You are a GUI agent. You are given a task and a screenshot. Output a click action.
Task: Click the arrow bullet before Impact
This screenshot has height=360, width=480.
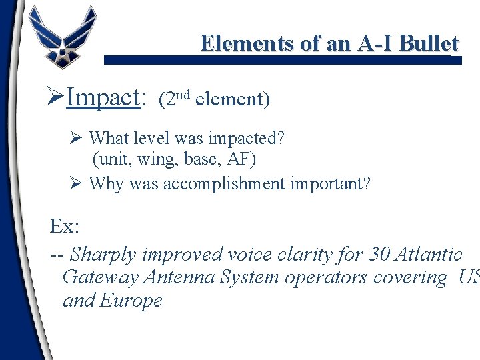[57, 98]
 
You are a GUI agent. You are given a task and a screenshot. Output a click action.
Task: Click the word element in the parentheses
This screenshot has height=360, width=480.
[231, 100]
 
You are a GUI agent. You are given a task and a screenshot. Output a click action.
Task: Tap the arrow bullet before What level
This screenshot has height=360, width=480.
[75, 138]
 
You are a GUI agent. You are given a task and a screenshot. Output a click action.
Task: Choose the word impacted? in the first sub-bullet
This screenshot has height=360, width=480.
[247, 139]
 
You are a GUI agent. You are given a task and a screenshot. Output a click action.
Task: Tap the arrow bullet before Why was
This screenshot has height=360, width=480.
[75, 182]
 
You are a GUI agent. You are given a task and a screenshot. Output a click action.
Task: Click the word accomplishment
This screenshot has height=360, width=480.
[229, 183]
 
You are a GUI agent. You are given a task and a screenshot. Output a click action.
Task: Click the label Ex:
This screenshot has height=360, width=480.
[65, 227]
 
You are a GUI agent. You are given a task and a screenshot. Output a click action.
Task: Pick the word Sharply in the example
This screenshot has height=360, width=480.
[101, 255]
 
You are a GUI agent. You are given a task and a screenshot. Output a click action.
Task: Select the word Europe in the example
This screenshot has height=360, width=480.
[131, 300]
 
